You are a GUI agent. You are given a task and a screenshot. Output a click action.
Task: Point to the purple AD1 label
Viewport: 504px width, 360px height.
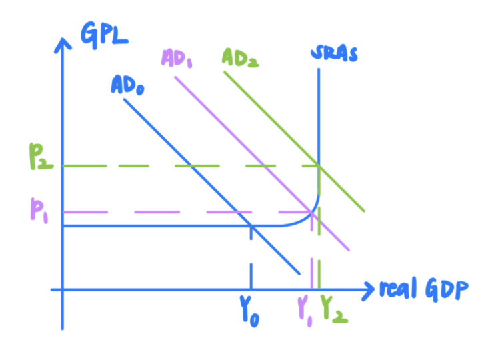pyautogui.click(x=177, y=59)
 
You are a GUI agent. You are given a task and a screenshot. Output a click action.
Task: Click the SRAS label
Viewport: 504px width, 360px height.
pyautogui.click(x=334, y=53)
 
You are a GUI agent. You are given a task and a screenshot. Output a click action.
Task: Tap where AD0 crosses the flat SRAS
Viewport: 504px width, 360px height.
pyautogui.click(x=251, y=225)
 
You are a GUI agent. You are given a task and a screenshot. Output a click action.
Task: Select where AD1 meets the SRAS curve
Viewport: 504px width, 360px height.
pyautogui.click(x=311, y=212)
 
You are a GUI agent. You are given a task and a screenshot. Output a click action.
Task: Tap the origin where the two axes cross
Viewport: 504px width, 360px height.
pyautogui.click(x=62, y=289)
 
